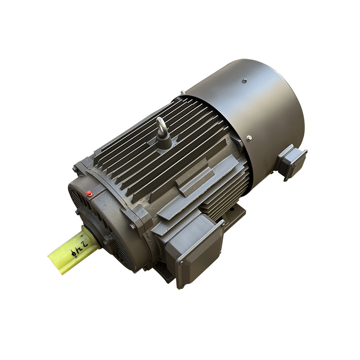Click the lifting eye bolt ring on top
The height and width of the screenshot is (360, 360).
(x=160, y=124)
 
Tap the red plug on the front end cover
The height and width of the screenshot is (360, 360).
(x=89, y=193)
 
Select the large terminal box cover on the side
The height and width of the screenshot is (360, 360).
(x=195, y=249)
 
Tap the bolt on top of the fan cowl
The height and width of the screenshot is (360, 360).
(x=244, y=81)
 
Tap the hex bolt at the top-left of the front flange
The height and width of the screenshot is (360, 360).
(x=75, y=169)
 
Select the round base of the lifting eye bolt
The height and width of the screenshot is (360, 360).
(x=163, y=143)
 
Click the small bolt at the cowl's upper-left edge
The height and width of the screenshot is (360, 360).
(x=182, y=93)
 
